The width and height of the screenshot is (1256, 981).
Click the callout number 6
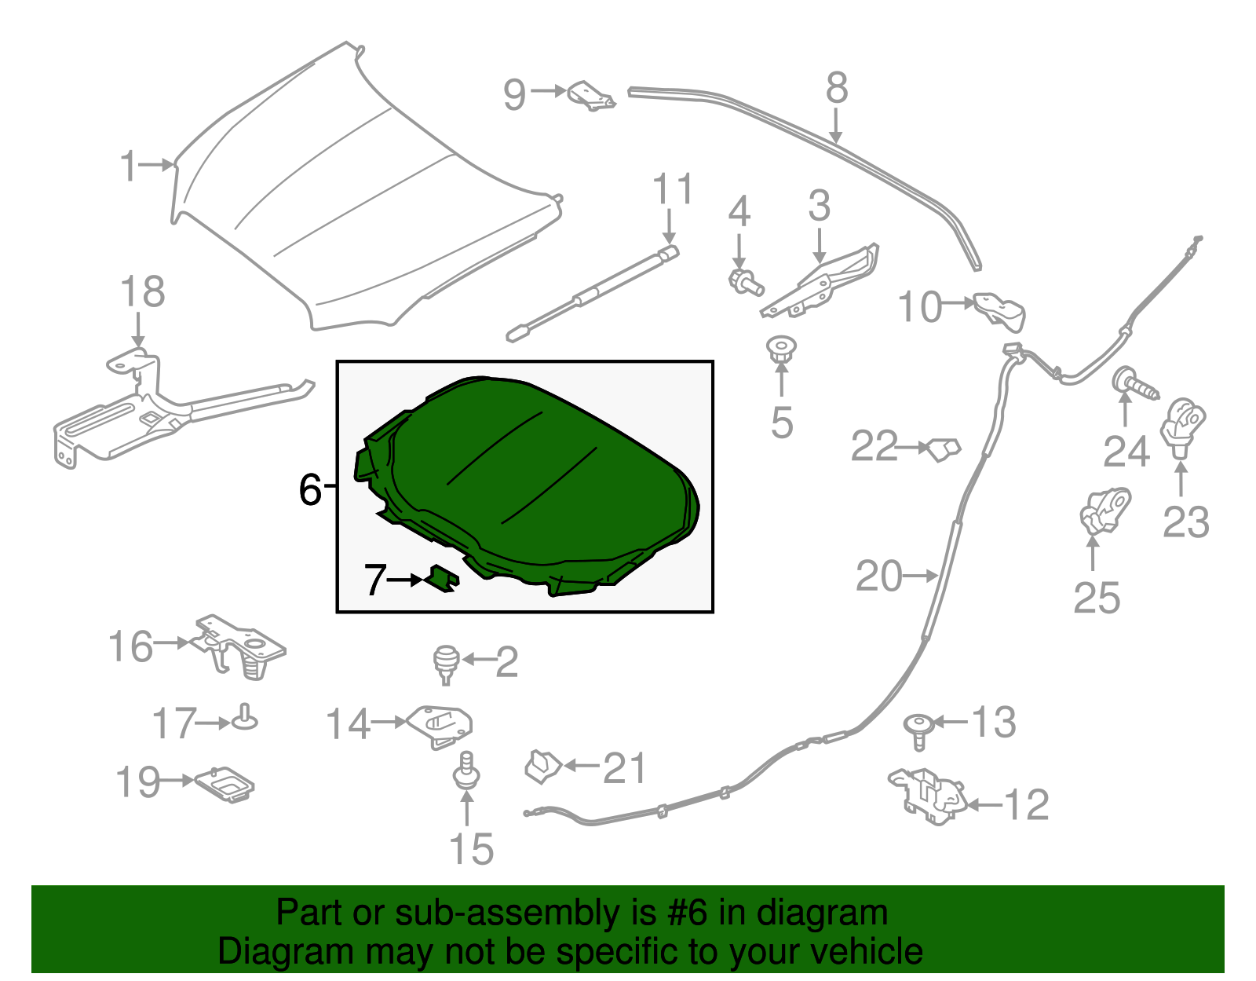(311, 490)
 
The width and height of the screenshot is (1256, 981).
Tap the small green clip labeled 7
(443, 578)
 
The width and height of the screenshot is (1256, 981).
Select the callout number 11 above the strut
(673, 189)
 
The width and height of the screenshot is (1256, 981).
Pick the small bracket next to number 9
(590, 95)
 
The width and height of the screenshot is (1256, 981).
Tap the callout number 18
(142, 292)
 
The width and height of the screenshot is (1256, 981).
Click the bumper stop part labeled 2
(447, 661)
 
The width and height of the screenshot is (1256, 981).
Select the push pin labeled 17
(245, 717)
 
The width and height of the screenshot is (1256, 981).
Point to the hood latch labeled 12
(929, 794)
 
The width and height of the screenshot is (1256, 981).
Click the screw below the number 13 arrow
(918, 729)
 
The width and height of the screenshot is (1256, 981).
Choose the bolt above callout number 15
(468, 769)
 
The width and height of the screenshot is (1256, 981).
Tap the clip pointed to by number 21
(542, 766)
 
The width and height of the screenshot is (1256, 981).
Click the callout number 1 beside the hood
(129, 167)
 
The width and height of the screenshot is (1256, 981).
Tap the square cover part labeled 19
(225, 783)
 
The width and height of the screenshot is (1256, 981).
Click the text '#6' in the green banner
(688, 913)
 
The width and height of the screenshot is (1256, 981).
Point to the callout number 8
(837, 88)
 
